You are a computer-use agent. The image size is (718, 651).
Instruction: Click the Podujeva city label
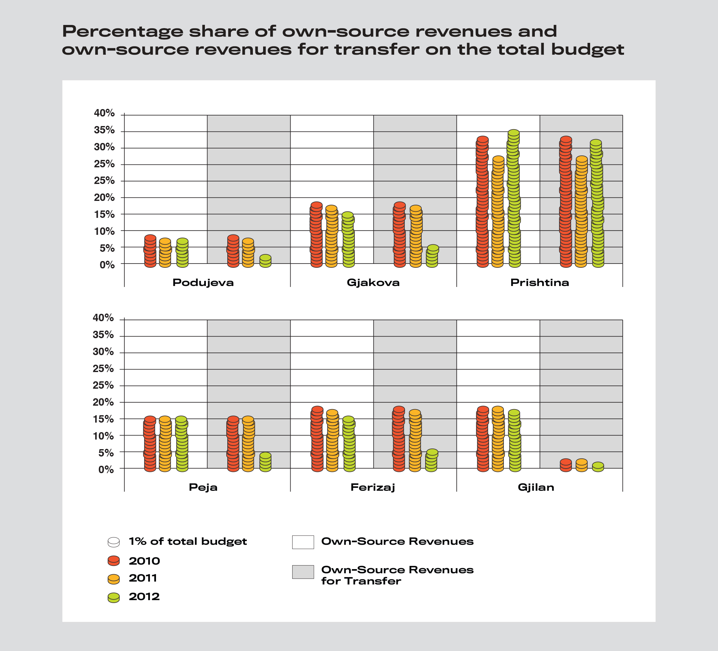tap(203, 283)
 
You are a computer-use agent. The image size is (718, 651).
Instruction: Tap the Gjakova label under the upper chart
tap(373, 283)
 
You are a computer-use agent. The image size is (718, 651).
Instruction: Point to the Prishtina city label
tap(540, 283)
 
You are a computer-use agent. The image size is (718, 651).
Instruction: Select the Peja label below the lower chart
tap(203, 488)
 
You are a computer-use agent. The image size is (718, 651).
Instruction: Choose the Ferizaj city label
tap(373, 488)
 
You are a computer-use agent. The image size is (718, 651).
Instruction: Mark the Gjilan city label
tap(536, 488)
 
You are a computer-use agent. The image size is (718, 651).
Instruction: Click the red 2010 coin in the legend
tap(113, 561)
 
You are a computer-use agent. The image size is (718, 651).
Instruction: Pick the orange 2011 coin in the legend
tap(113, 579)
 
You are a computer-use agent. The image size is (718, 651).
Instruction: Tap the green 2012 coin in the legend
tap(113, 598)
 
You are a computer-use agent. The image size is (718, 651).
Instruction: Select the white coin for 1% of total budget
tap(113, 542)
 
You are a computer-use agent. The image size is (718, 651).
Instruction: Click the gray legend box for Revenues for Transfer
tap(303, 572)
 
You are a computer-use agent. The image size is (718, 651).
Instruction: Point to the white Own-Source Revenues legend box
tap(303, 542)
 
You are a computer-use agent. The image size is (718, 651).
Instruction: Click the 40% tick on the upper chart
tap(104, 113)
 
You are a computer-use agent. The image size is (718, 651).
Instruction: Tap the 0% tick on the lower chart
tap(106, 470)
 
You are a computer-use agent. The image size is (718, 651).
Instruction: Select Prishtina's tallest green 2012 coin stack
tap(514, 198)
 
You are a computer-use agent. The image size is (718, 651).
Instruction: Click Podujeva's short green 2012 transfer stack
tap(265, 261)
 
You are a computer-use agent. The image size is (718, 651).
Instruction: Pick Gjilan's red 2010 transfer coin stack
tap(566, 465)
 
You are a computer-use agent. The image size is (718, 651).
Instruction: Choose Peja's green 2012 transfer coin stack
tap(265, 462)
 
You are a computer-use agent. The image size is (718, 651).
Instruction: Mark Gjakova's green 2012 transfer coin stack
tap(432, 256)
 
